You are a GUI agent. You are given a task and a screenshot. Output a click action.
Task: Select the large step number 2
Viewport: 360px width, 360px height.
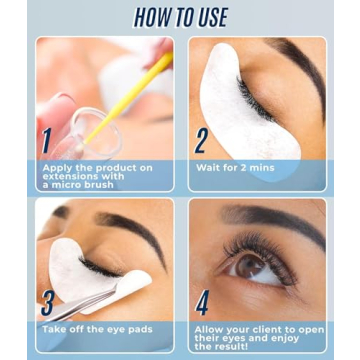(202, 140)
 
